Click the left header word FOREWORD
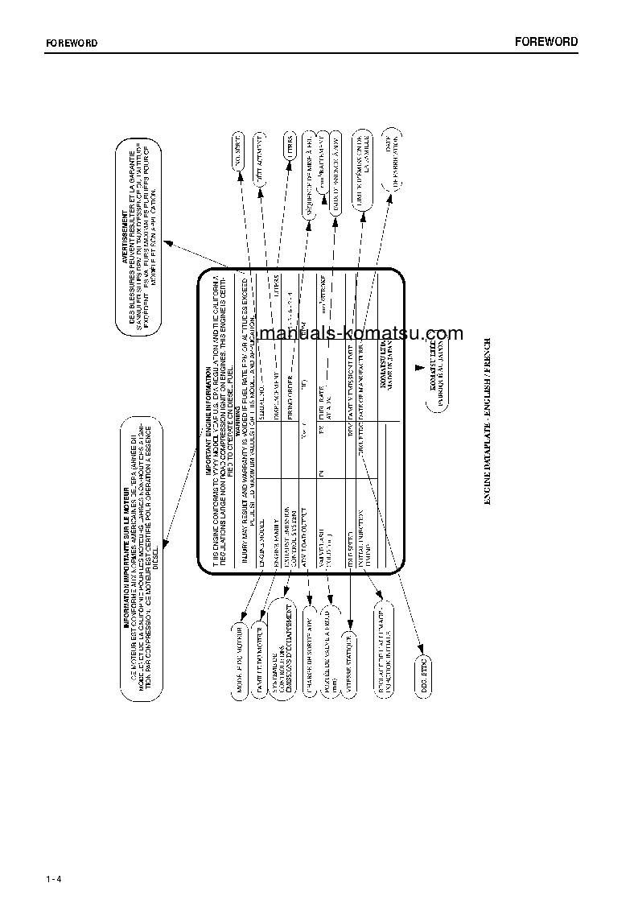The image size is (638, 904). point(70,43)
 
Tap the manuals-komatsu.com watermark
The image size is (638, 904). point(361,334)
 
